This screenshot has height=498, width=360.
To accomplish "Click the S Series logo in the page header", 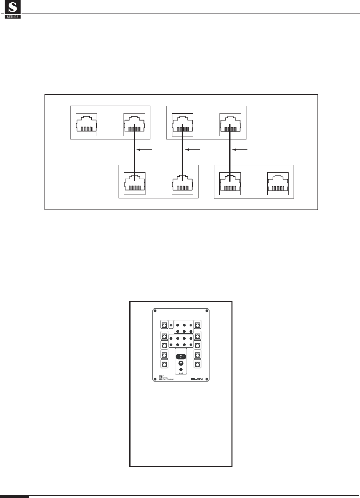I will (x=13, y=10).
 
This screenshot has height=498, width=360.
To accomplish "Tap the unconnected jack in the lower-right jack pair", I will (x=278, y=183).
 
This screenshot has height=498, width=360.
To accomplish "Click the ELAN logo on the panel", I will (x=198, y=378).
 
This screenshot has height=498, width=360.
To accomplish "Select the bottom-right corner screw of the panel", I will (x=207, y=378).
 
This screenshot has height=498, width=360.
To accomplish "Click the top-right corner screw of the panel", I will (x=207, y=311).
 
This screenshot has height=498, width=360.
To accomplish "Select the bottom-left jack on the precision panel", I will (x=164, y=364).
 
